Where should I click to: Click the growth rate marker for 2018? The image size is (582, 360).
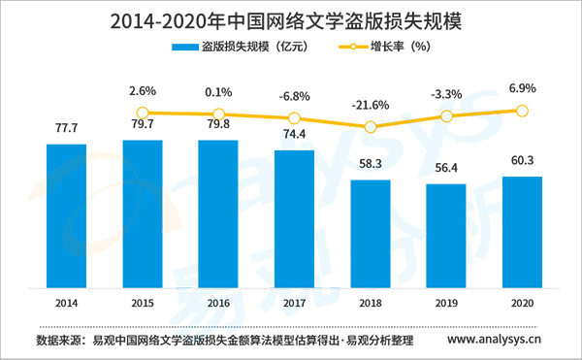(371, 127)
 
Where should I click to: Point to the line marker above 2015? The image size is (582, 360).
(143, 113)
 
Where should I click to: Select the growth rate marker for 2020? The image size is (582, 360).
(522, 111)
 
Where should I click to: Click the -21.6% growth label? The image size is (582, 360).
(371, 103)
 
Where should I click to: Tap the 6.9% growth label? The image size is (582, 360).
(522, 88)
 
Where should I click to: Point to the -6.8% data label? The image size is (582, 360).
(295, 96)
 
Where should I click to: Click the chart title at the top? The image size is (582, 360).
(291, 18)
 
